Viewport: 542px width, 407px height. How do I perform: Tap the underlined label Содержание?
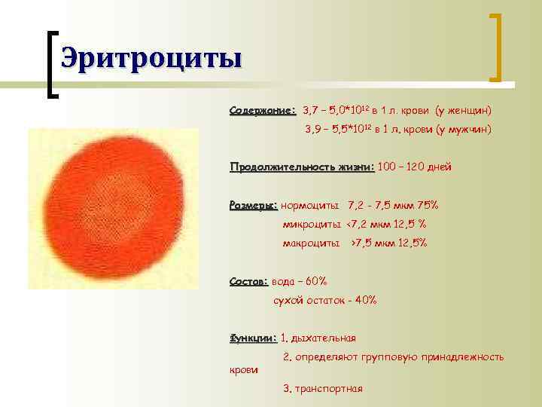263,111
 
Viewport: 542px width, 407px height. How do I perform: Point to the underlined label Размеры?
254,205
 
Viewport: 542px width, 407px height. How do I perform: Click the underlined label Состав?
248,281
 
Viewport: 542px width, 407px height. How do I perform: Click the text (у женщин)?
462,111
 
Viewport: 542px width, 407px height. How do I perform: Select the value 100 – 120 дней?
416,167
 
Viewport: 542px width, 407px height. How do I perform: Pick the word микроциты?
312,224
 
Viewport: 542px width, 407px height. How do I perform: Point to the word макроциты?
311,243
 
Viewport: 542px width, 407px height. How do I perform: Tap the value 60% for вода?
315,281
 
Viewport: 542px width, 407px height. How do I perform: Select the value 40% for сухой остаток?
364,300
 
